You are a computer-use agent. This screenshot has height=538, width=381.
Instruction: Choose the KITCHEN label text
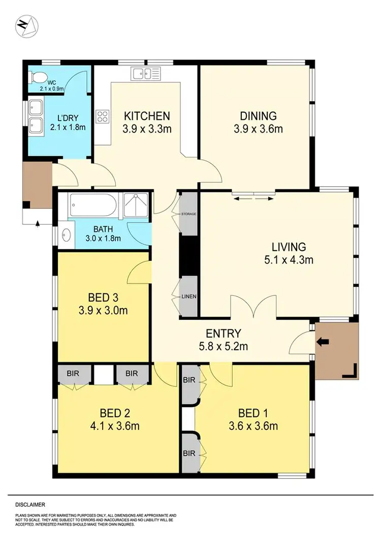(146, 116)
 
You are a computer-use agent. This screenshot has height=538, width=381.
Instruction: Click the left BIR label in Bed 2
(75, 374)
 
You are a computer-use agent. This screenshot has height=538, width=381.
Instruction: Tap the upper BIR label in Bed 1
(188, 380)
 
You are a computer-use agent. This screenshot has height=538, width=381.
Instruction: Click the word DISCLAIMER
(30, 505)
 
